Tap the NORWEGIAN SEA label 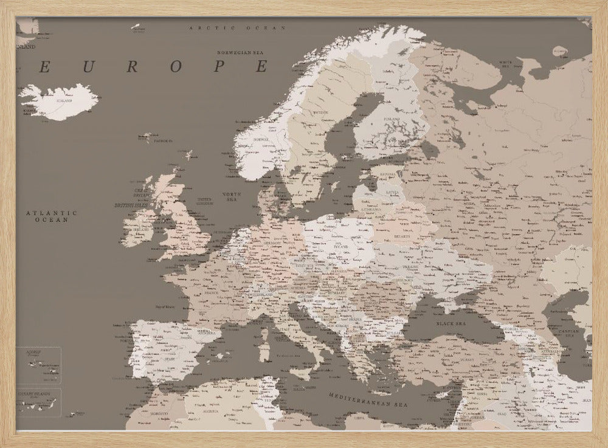click(243, 53)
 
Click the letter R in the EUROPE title click(131, 67)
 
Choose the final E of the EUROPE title click(261, 67)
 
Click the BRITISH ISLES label click(131, 205)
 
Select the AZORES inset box click(38, 365)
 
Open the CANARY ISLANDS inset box click(38, 402)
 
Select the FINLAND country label click(391, 119)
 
